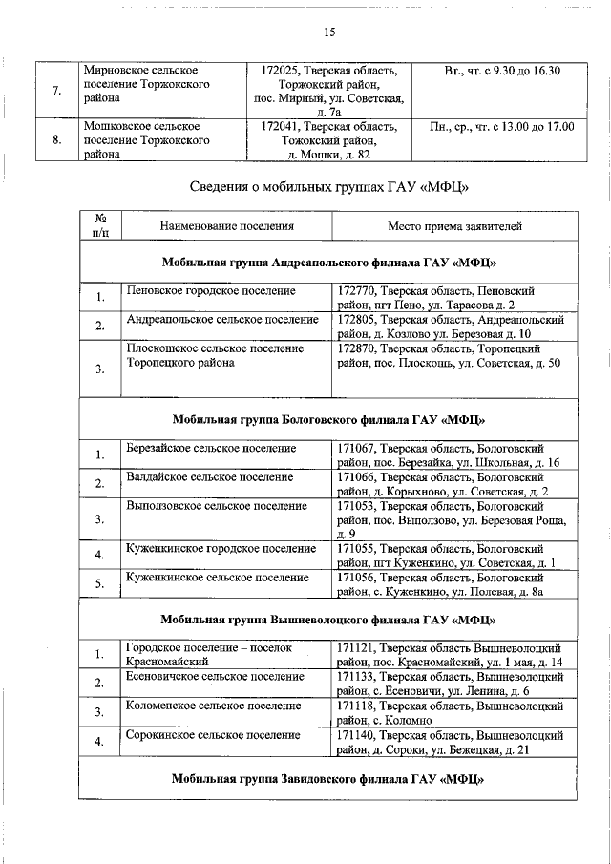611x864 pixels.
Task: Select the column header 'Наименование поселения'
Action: click(x=213, y=226)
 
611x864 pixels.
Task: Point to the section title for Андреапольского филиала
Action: click(x=328, y=262)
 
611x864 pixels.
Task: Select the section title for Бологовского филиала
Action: click(x=328, y=419)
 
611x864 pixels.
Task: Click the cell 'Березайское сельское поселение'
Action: click(x=211, y=448)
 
